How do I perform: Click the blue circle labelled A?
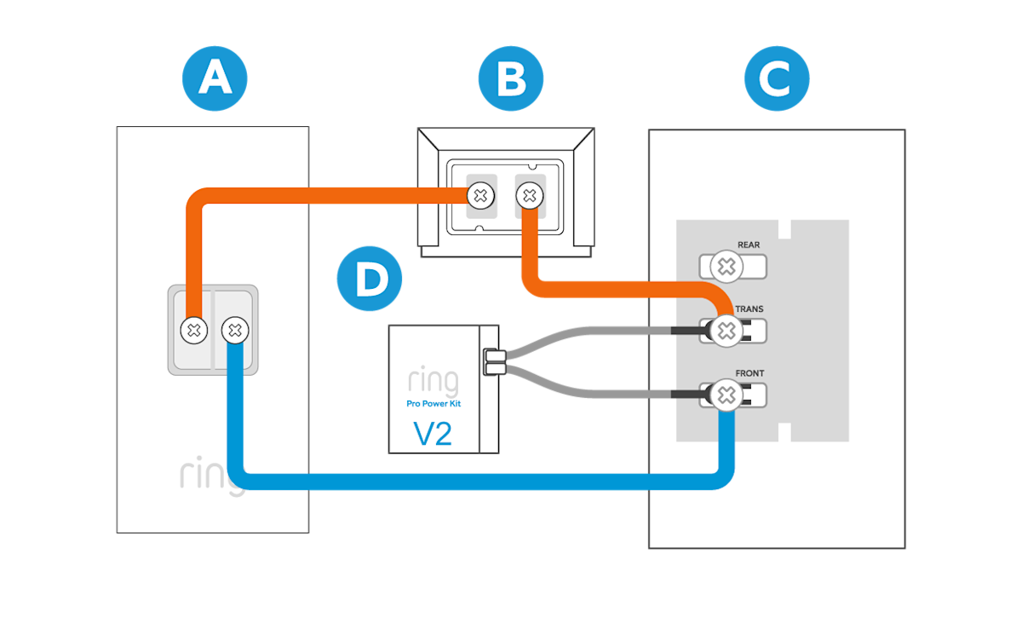pos(215,78)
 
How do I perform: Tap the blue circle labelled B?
pos(510,78)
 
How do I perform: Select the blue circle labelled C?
pos(776,78)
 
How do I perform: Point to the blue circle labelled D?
pos(370,279)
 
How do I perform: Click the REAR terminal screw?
pos(726,267)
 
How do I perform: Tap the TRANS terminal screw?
pos(726,331)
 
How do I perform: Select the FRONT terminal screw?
pos(726,395)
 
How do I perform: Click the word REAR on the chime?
pos(749,245)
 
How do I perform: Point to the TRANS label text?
pos(749,309)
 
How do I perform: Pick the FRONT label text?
pos(749,373)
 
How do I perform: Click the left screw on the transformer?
pos(480,196)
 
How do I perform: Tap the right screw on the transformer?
pos(530,196)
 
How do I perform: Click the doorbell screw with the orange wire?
pos(193,330)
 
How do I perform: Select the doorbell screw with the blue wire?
pos(234,330)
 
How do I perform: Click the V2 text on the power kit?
pos(433,434)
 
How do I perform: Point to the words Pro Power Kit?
pos(433,404)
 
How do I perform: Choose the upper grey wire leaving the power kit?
pos(588,329)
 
